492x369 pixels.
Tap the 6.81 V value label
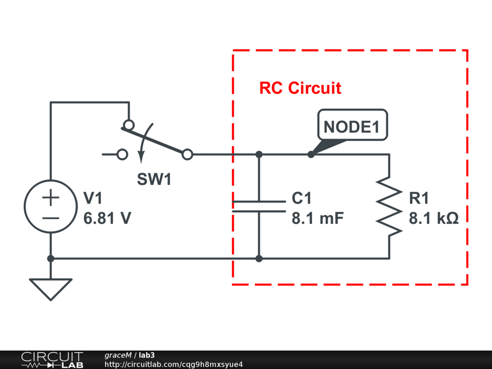[107, 219]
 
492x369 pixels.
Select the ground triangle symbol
[50, 289]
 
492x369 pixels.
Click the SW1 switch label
[154, 180]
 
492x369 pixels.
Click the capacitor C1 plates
[259, 206]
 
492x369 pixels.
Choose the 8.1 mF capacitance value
[318, 219]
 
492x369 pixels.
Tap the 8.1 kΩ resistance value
[434, 219]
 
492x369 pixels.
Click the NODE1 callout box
[352, 126]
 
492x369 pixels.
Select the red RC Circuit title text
[300, 88]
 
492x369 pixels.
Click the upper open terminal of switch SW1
[128, 125]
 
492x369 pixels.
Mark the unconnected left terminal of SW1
[123, 154]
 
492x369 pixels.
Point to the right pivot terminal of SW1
[187, 154]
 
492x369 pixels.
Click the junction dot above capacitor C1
[259, 154]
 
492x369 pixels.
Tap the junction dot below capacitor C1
[259, 258]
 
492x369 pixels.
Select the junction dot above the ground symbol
[50, 258]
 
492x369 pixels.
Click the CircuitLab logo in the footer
[52, 359]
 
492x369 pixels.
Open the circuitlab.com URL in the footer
[173, 364]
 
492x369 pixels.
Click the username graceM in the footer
[118, 355]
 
